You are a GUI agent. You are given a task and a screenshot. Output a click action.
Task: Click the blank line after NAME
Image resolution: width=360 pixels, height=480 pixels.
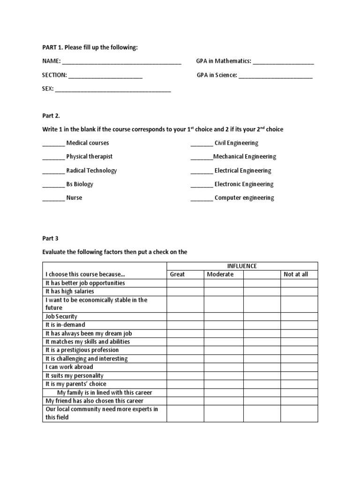121,62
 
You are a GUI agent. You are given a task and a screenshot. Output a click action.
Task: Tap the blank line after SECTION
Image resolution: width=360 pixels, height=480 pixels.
105,75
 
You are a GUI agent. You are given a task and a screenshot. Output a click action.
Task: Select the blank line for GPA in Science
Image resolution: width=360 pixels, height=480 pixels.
276,75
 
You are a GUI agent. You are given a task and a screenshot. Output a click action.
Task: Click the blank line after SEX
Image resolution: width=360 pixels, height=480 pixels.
113,90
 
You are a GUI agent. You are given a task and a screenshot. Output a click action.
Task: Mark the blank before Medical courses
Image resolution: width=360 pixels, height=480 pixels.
53,143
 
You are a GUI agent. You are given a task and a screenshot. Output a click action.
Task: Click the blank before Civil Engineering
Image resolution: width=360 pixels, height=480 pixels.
202,143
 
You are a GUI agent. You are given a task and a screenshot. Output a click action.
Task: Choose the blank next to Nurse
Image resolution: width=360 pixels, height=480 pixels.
53,198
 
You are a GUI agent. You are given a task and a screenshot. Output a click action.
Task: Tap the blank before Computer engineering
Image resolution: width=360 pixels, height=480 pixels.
202,198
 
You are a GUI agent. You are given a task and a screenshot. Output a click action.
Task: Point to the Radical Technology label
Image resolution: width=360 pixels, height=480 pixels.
91,171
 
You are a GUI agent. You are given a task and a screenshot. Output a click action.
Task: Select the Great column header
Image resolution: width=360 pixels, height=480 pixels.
177,274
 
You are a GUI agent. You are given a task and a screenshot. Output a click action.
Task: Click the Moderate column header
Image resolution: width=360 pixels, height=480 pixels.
220,274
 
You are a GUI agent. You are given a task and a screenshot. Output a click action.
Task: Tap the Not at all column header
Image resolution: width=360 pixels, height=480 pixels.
296,274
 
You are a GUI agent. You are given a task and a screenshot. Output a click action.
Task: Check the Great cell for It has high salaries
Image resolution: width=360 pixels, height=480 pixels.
185,292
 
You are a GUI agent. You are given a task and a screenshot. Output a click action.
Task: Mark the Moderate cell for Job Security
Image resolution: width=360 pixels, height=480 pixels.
223,316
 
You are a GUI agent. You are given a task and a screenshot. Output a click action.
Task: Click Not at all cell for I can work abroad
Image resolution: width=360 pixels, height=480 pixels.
299,367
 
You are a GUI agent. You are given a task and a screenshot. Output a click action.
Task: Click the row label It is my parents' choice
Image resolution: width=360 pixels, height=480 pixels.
75,384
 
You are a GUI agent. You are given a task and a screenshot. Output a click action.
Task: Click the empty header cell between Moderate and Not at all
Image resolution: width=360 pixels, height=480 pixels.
262,274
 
